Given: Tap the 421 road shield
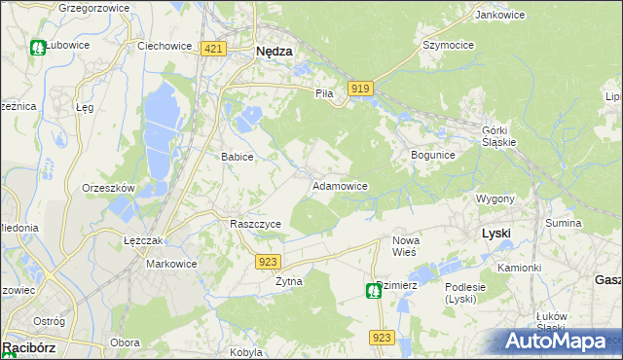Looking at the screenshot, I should [x=214, y=48].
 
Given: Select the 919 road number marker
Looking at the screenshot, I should [x=359, y=89].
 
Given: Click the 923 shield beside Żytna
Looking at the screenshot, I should [x=270, y=262].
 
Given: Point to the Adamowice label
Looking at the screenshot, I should [x=339, y=185].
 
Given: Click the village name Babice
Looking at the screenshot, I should [x=238, y=157].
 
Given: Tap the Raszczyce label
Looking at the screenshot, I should [x=255, y=224].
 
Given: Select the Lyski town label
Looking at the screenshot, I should [x=496, y=234].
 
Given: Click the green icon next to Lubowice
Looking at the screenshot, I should [x=38, y=47].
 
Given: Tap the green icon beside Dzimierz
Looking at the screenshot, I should [x=373, y=290].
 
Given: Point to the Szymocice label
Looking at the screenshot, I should [x=447, y=46].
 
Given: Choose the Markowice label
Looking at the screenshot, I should [x=171, y=264].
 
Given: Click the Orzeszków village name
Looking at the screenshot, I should [x=108, y=188].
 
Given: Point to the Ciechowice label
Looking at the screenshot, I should [x=162, y=46].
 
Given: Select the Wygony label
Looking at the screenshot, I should [x=495, y=198].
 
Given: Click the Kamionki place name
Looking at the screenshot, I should [x=518, y=268].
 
